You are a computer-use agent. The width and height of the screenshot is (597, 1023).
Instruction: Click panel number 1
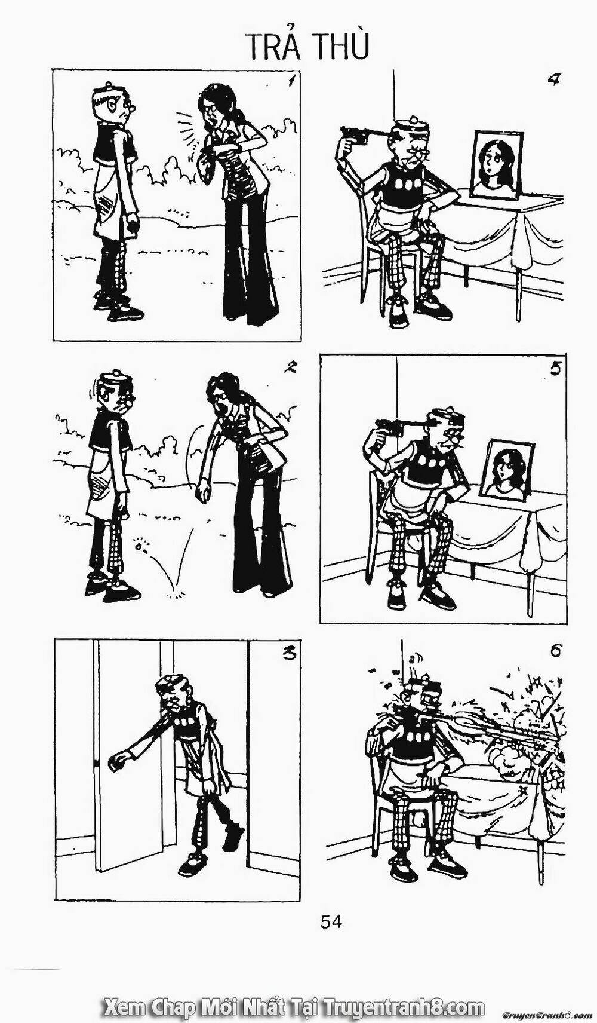click(291, 80)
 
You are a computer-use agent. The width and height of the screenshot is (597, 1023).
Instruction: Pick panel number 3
click(289, 653)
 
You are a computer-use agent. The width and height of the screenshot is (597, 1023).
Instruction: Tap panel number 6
click(555, 651)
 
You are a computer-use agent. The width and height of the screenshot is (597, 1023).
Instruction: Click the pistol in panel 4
click(358, 135)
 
